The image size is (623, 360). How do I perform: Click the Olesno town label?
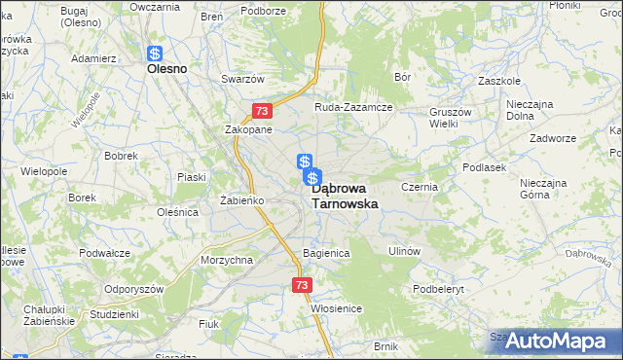coord(166,70)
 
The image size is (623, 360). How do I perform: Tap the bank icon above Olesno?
coord(155,55)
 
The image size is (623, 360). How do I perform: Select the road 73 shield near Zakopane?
coord(260,112)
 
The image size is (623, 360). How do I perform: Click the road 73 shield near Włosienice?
coord(301,285)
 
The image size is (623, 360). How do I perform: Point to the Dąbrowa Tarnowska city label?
coord(344,197)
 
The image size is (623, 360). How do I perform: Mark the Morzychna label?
coord(227,260)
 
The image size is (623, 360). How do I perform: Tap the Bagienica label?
coord(325,253)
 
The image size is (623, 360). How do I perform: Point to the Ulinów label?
coord(403,251)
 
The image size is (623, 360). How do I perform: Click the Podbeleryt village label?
coord(441,289)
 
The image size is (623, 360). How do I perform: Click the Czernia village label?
coord(421,185)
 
